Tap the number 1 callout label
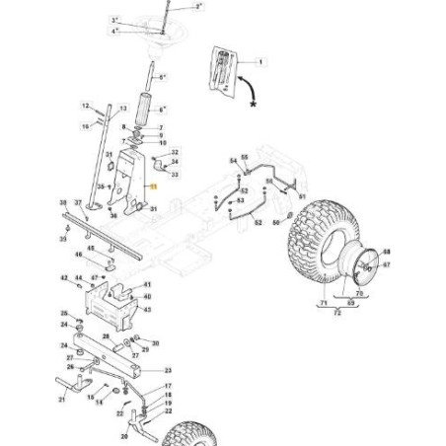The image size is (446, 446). point(261,62)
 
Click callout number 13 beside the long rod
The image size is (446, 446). point(122,108)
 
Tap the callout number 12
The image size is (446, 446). point(86,105)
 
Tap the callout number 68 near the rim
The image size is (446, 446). point(387,253)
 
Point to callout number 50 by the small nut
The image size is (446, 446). point(276,223)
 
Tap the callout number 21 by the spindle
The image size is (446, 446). point(61,400)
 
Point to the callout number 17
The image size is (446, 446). point(168,387)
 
